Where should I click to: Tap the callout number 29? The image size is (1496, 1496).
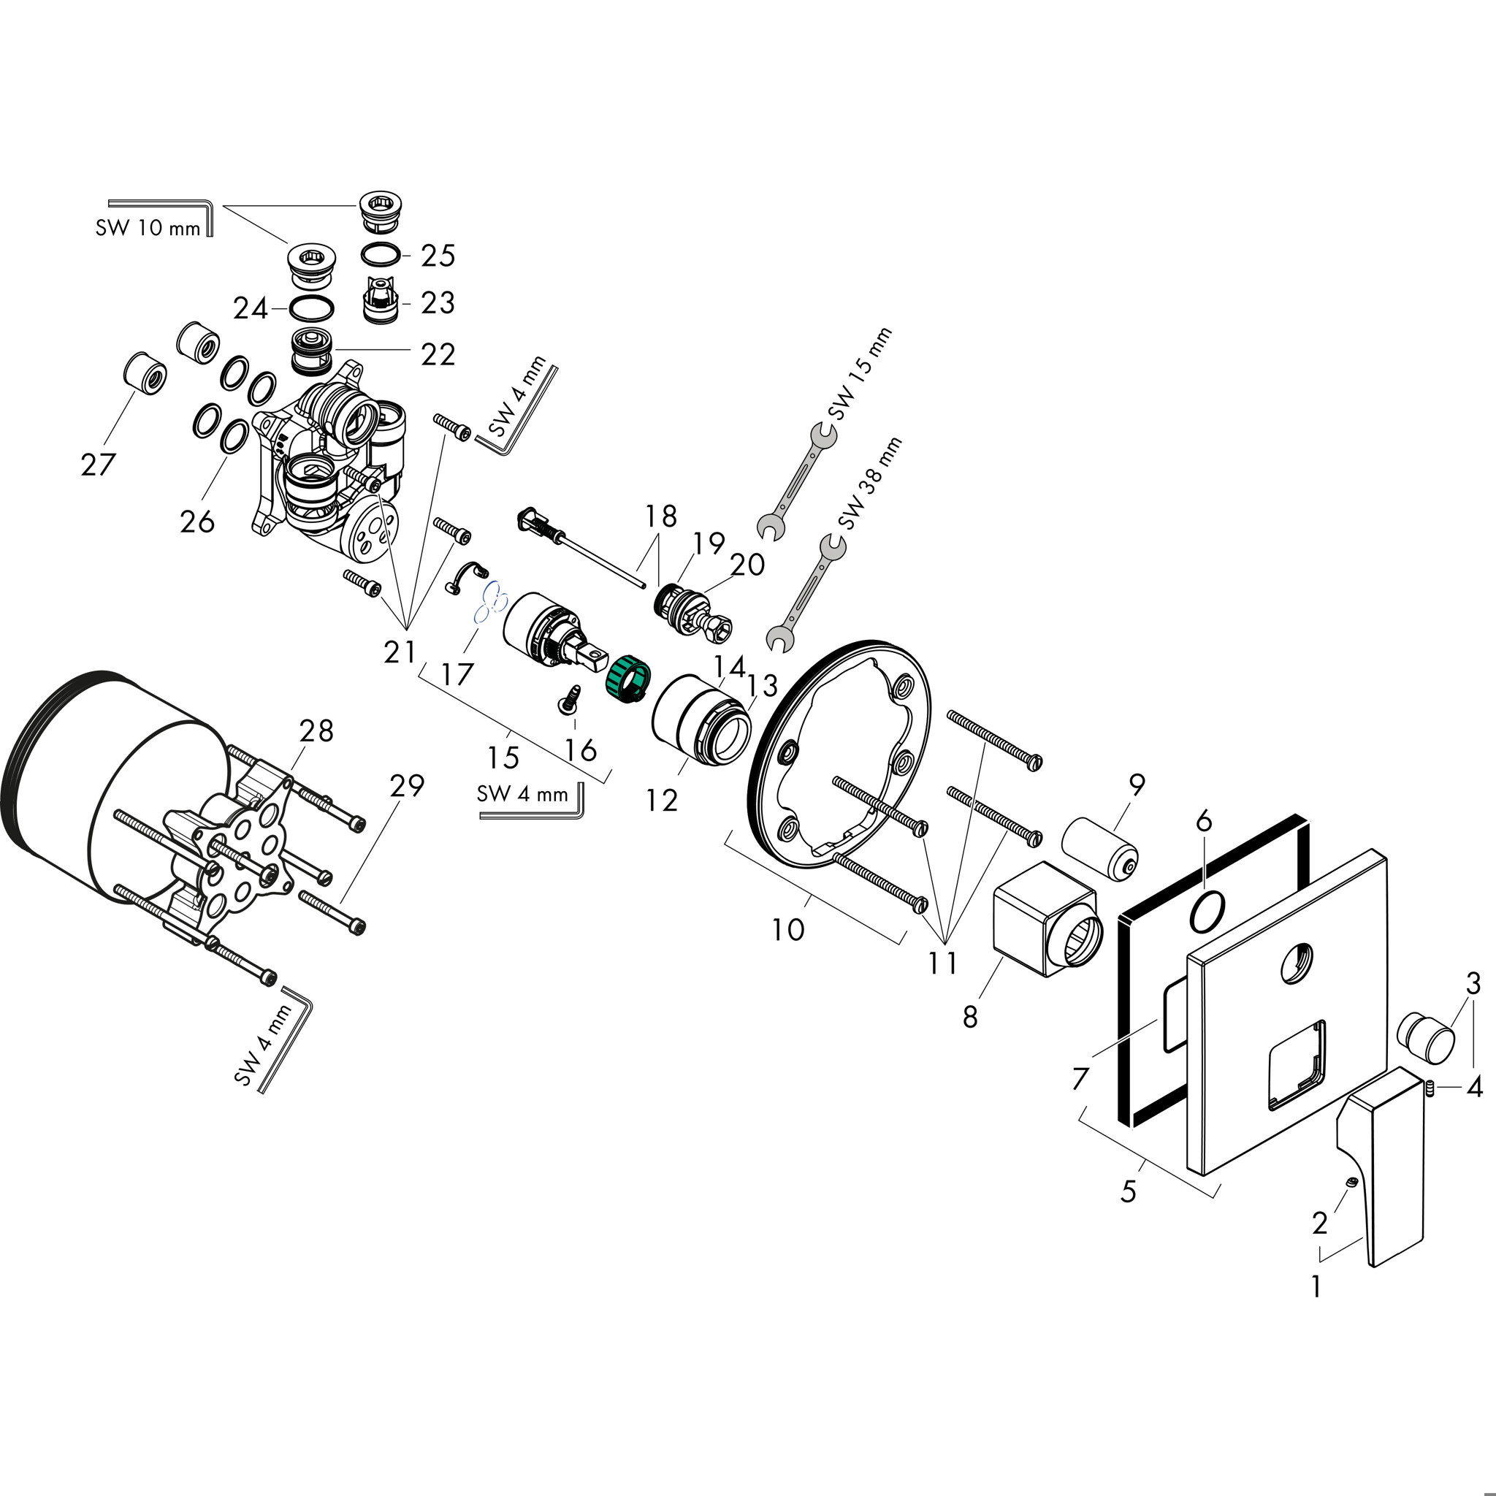pyautogui.click(x=408, y=786)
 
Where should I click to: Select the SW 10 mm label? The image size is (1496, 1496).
pyautogui.click(x=147, y=229)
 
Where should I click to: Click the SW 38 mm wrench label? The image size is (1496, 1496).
pyautogui.click(x=871, y=484)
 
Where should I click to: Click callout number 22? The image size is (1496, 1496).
pyautogui.click(x=438, y=354)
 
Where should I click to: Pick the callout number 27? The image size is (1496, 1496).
pyautogui.click(x=99, y=465)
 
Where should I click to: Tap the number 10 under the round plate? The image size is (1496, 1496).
pyautogui.click(x=788, y=929)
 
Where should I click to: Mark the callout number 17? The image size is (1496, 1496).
pyautogui.click(x=457, y=674)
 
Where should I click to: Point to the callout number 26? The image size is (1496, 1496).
pyautogui.click(x=196, y=521)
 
